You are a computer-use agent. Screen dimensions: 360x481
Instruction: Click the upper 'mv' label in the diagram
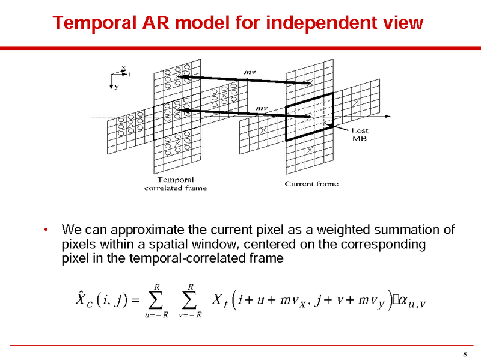(x=250, y=72)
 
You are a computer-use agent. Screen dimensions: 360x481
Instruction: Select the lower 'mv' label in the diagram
(x=262, y=108)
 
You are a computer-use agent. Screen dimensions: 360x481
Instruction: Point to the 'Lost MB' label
(x=360, y=135)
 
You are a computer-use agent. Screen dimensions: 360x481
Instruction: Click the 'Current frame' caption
(x=311, y=183)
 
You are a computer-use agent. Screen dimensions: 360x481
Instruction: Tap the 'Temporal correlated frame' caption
(x=176, y=183)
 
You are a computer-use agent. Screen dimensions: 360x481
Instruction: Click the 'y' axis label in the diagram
(x=117, y=87)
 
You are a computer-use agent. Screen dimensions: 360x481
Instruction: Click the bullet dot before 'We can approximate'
(x=45, y=231)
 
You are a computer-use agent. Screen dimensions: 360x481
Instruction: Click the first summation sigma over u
(x=156, y=299)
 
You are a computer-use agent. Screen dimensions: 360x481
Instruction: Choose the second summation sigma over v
(x=189, y=299)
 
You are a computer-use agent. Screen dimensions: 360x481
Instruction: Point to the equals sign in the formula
(x=135, y=299)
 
